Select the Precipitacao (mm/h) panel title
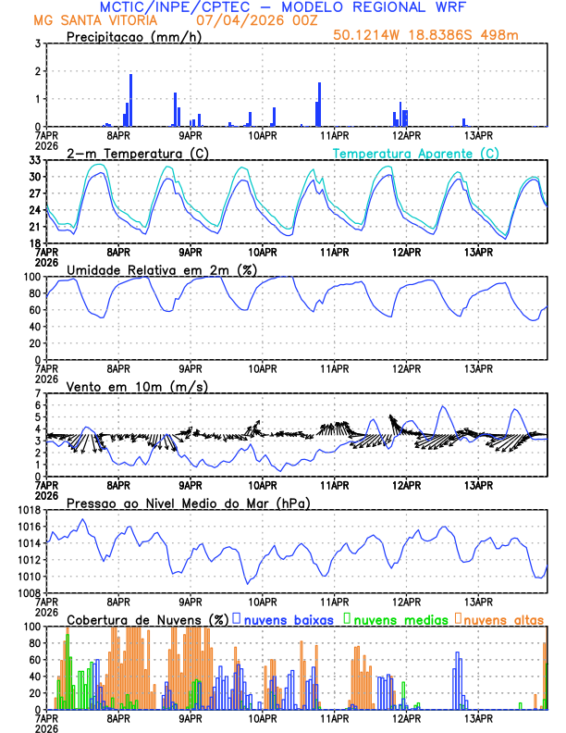point(135,36)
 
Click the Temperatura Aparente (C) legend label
point(416,153)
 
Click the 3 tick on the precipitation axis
point(37,43)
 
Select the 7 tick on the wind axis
point(37,393)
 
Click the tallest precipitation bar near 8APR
point(131,100)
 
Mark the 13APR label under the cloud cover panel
point(477,718)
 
